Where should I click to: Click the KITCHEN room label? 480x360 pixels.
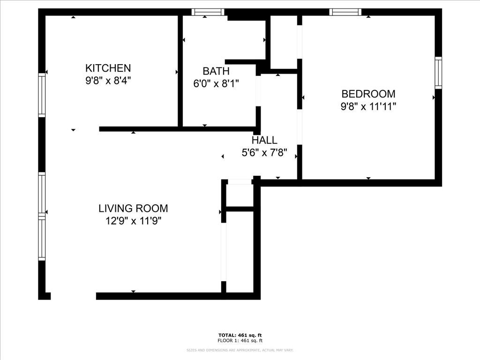108,68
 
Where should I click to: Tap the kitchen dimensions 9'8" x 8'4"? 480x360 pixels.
108,80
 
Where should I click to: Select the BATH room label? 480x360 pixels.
216,71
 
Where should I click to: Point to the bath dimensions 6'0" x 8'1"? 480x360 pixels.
216,84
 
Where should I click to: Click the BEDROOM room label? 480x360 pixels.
368,94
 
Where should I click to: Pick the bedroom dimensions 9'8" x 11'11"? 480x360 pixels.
368,106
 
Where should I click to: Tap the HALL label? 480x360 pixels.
264,140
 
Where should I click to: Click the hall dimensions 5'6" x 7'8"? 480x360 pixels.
264,153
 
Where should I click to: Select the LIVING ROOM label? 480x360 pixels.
133,209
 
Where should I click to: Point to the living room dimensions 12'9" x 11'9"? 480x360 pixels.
133,221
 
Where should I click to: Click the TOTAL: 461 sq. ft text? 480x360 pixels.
240,335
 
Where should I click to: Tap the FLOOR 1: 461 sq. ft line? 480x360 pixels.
240,341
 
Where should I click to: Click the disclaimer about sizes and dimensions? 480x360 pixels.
240,350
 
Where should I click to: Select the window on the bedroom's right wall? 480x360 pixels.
438,73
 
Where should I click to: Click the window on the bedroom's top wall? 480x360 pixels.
345,12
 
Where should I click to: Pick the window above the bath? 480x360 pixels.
208,12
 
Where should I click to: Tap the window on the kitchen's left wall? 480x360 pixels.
42,96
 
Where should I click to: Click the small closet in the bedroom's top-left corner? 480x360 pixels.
284,42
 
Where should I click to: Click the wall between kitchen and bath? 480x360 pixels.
180,70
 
